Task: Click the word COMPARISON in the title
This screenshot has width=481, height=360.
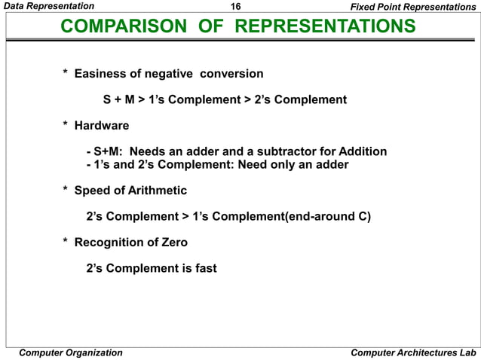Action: click(123, 27)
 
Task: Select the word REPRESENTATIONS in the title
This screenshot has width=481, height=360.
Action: click(325, 27)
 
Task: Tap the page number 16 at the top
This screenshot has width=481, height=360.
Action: click(235, 7)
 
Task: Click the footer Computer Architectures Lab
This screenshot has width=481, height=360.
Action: click(414, 352)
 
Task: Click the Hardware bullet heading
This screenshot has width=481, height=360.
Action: click(102, 126)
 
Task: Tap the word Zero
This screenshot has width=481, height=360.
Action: click(173, 243)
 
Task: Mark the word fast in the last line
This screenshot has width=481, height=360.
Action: click(204, 268)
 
